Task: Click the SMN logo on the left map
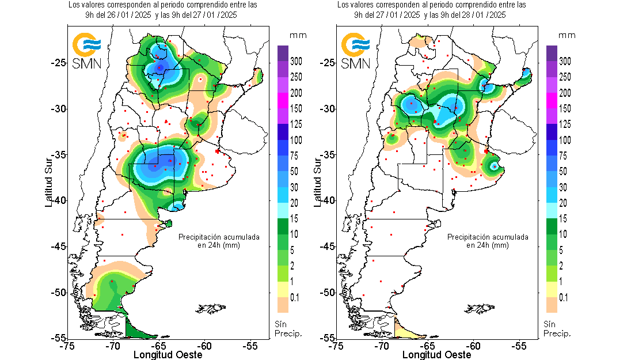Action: point(87,51)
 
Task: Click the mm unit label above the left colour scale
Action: point(298,36)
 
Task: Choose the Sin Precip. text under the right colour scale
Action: point(557,329)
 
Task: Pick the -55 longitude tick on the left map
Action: point(250,346)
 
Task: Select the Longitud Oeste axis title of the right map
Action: point(435,355)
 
